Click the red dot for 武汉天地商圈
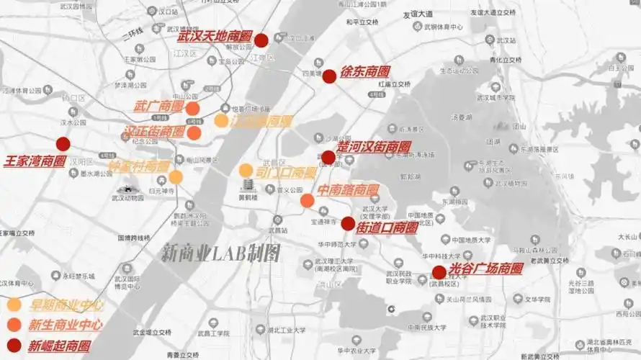[x=261, y=40]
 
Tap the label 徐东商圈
[x=365, y=73]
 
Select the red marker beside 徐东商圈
[x=329, y=76]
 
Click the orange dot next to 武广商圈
[x=192, y=109]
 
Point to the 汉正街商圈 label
[x=154, y=132]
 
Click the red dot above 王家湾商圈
[x=63, y=144]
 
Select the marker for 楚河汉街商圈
[x=328, y=158]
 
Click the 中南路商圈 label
[x=349, y=191]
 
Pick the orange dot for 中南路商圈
[x=308, y=200]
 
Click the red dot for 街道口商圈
[x=348, y=224]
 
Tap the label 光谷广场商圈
[x=485, y=269]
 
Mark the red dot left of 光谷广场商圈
[x=439, y=273]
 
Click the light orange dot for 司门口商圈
[x=246, y=171]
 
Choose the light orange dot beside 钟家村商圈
[x=176, y=176]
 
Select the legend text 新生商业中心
[x=65, y=325]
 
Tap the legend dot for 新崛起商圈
[x=14, y=346]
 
